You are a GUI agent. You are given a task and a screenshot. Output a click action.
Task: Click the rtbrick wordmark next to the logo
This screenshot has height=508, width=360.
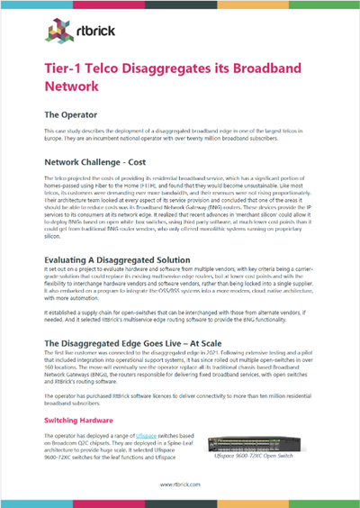85,35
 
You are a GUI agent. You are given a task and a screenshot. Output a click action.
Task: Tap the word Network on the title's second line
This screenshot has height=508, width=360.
74,88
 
